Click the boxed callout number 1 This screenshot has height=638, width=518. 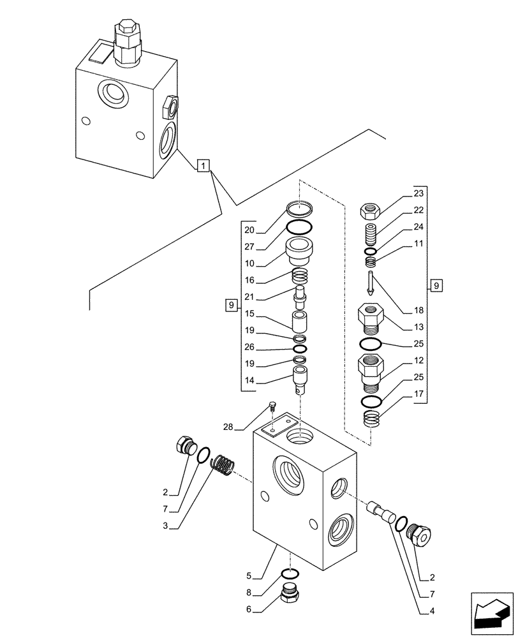(202, 167)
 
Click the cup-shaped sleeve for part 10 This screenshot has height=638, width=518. (300, 253)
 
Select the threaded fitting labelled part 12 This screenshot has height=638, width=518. (371, 373)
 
